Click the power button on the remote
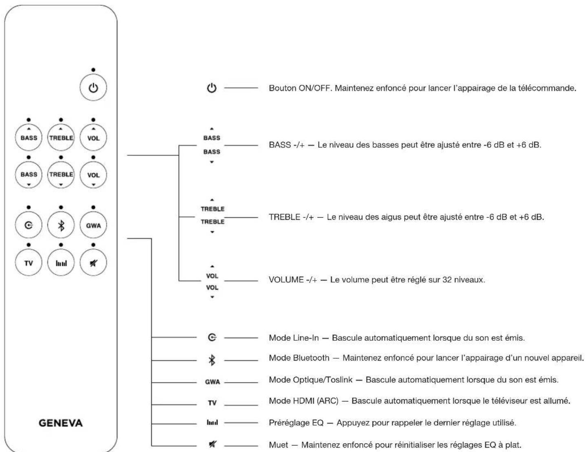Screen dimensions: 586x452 coord(93,88)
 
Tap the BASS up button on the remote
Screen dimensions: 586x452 coord(29,137)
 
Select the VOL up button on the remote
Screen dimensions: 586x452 coord(93,137)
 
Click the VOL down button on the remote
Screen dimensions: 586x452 coord(93,175)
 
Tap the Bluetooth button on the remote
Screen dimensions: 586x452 coord(61,225)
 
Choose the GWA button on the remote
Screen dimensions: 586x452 coord(93,225)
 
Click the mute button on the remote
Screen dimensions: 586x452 coord(93,262)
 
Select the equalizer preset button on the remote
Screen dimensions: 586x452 coord(61,262)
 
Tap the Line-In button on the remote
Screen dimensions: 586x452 coord(29,225)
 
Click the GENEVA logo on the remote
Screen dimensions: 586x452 coord(61,423)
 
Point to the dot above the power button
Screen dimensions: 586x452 coord(93,70)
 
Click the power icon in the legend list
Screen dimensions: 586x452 coord(212,88)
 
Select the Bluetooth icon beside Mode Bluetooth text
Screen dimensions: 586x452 coord(212,360)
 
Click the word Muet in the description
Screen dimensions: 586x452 coord(278,444)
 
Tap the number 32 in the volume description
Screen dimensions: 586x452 coord(447,280)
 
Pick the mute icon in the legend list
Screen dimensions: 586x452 coord(212,444)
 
